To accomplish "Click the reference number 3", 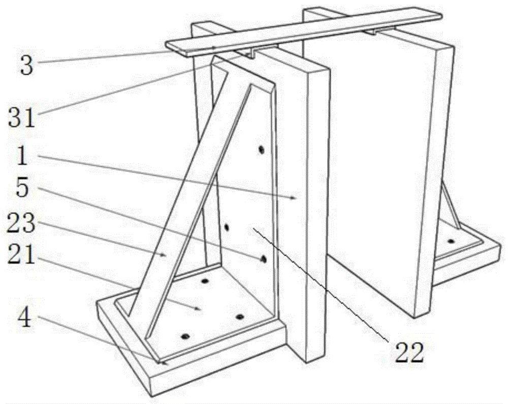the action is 27,65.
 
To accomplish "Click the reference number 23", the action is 21,223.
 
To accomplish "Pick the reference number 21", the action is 21,254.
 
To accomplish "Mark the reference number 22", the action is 409,353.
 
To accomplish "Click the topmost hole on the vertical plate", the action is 261,150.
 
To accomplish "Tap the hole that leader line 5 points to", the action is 264,258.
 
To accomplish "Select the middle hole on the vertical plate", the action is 227,227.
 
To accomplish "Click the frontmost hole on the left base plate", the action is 185,336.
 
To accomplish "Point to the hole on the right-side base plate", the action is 451,241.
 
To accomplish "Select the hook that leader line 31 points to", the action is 252,54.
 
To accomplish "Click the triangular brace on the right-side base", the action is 450,205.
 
